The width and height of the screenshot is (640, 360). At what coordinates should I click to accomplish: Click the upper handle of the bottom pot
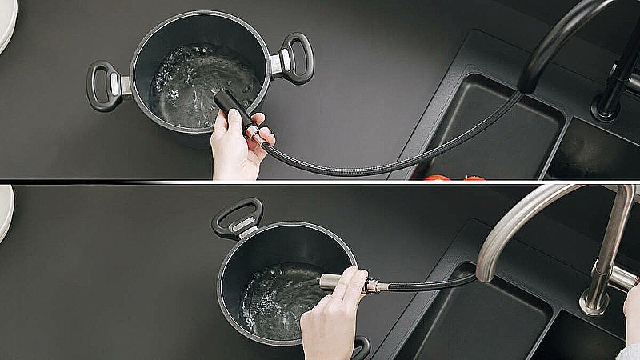click(x=238, y=217)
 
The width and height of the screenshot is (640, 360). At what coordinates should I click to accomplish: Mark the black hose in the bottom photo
click(x=432, y=284)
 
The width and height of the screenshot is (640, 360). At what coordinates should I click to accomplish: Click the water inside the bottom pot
click(x=276, y=300)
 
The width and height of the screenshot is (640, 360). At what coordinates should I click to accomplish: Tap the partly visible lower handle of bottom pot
click(x=361, y=347)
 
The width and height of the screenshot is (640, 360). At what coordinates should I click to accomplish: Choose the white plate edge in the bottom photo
click(x=6, y=212)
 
